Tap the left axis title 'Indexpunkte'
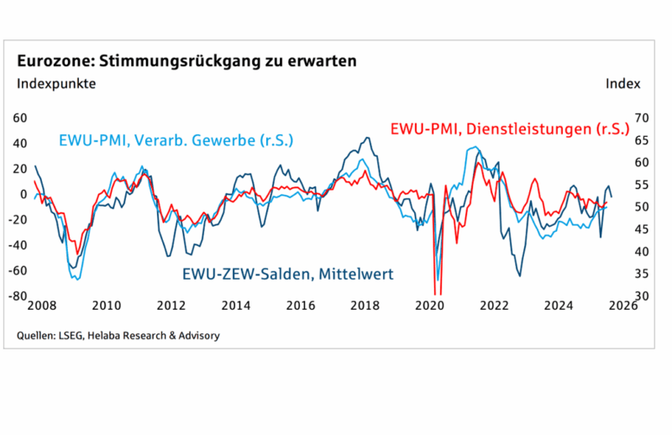tap(56, 83)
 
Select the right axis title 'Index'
tap(622, 83)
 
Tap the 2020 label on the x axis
tap(430, 306)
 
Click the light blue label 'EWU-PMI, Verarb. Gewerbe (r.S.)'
tap(176, 140)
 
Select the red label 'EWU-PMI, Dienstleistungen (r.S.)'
tap(508, 128)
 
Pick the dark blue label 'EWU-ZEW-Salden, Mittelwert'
tap(288, 274)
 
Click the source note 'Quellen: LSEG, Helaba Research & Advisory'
tap(118, 335)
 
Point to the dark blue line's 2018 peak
tap(368, 138)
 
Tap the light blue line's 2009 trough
tap(76, 278)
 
